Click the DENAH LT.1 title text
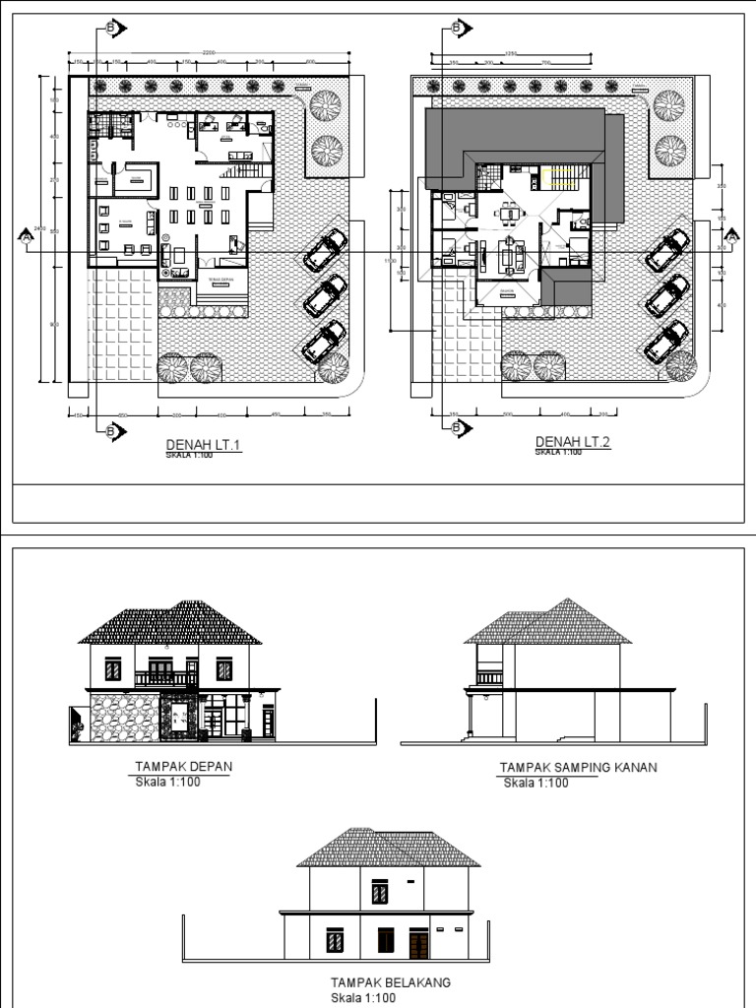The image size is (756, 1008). point(204,445)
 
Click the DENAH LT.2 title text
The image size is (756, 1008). point(573,443)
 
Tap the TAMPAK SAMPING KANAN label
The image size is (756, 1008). point(578,768)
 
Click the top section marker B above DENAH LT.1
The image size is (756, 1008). point(111,29)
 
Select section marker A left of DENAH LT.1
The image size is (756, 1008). point(25,236)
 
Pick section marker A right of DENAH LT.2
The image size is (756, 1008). point(731,236)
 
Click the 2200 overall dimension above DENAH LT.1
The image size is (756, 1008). point(208,51)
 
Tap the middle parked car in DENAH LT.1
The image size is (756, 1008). point(325,294)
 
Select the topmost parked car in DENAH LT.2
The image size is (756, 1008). point(667,250)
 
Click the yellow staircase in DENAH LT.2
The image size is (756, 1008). point(564,179)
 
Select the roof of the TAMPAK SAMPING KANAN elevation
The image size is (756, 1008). point(549,622)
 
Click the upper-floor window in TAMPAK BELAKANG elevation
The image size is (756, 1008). point(379,892)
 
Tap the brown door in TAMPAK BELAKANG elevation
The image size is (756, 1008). point(418,945)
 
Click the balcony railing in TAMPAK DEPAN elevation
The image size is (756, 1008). point(166,678)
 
